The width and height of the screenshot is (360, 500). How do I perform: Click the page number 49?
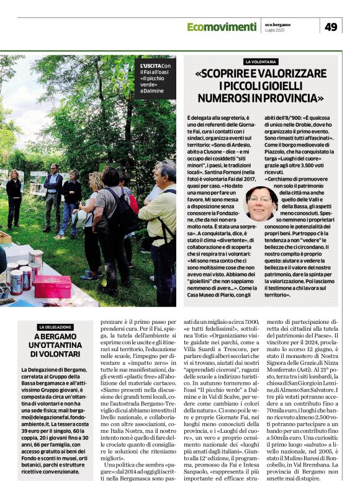coord(331,27)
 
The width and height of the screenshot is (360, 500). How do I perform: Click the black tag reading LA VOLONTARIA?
coord(261,62)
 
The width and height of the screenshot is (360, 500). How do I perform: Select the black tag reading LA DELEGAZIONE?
coord(55,327)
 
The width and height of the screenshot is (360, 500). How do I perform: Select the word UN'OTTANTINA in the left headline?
coord(56,345)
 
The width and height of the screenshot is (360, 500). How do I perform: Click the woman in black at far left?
coord(14,199)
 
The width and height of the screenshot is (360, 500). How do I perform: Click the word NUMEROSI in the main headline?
coord(226,98)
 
